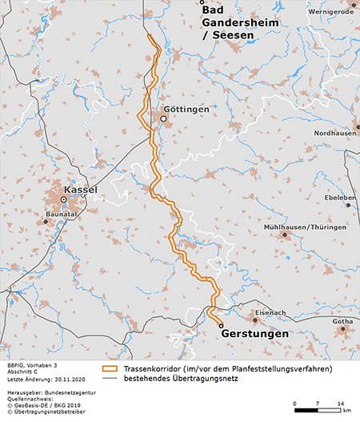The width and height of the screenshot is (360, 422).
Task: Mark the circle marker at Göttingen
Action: coord(162,119)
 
